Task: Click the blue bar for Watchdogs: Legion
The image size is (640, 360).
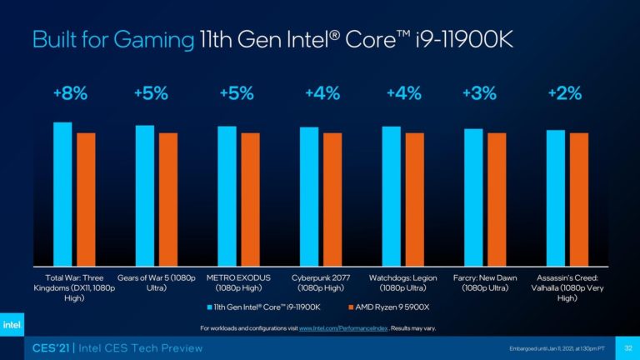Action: click(391, 195)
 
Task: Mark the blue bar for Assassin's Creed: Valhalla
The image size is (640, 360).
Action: click(555, 197)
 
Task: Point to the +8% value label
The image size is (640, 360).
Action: click(69, 94)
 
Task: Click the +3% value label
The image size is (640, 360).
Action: click(478, 94)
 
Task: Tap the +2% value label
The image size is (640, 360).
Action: click(564, 94)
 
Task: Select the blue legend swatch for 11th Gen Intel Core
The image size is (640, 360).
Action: click(207, 308)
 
